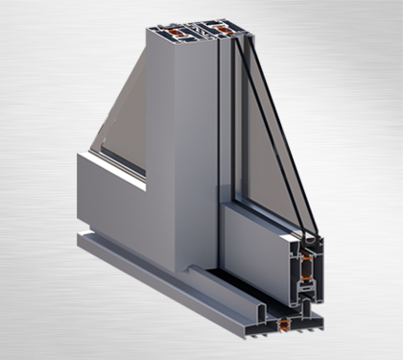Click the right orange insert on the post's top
(x=224, y=31)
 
